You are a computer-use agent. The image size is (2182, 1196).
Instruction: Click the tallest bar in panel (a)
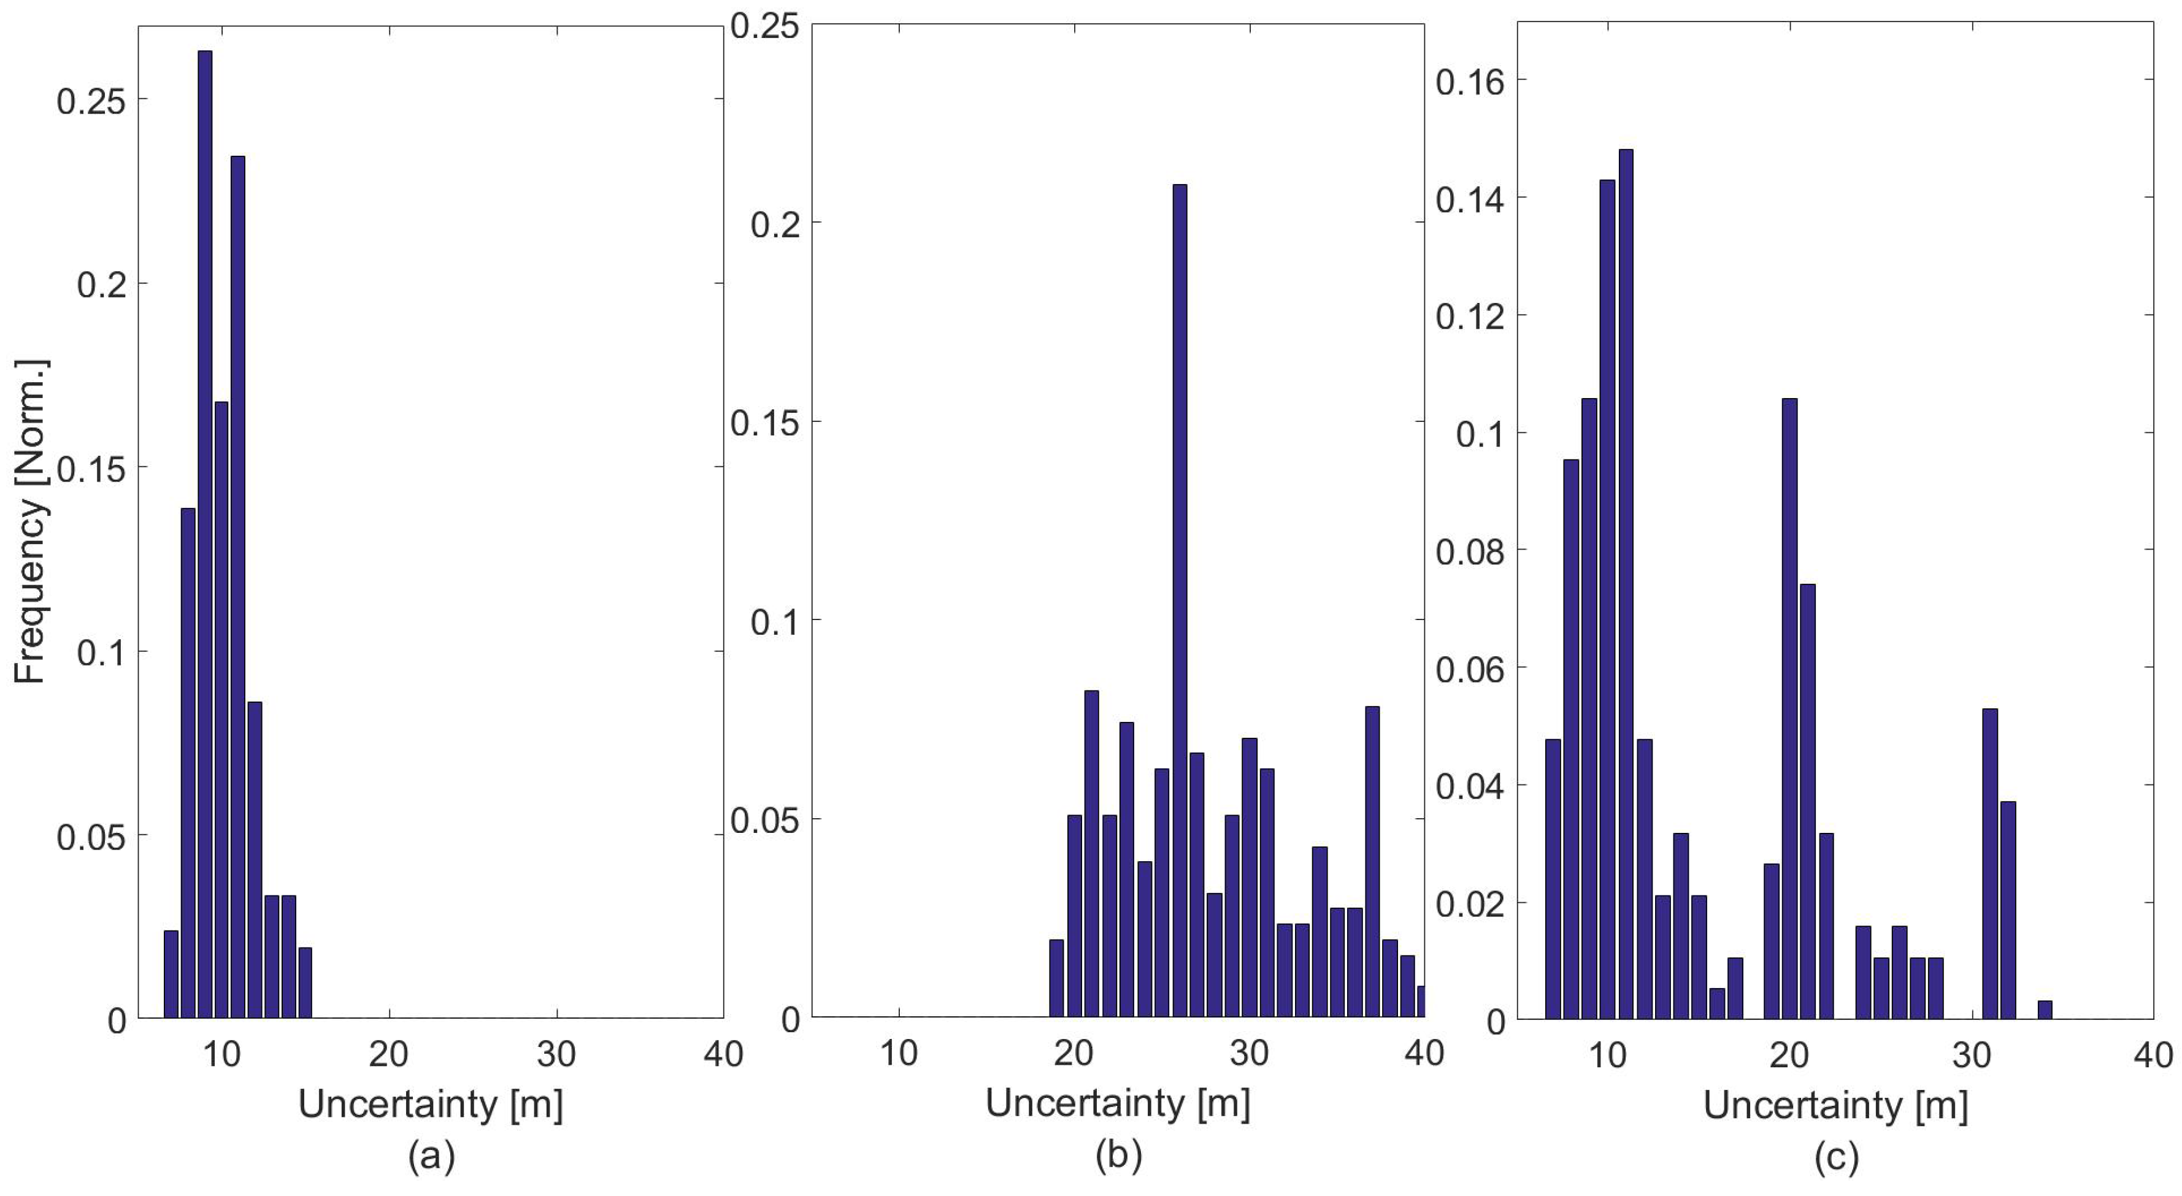click(x=205, y=534)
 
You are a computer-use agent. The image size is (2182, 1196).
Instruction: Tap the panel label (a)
click(x=432, y=1156)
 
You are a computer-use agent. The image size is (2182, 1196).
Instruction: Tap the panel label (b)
click(x=1118, y=1156)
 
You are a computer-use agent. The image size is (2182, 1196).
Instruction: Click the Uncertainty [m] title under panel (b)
click(x=1118, y=1103)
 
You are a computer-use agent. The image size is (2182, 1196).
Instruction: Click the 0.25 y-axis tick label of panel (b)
click(x=765, y=25)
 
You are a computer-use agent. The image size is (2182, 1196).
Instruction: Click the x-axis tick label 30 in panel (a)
click(x=556, y=1054)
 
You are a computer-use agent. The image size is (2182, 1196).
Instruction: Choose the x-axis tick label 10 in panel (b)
click(x=899, y=1053)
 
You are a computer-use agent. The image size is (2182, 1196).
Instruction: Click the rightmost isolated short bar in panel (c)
click(x=2045, y=1009)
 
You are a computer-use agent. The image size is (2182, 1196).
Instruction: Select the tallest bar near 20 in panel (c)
click(x=1789, y=707)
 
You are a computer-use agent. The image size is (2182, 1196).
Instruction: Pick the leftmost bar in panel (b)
click(x=1056, y=978)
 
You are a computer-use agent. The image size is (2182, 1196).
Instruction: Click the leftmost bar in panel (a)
click(x=171, y=974)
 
